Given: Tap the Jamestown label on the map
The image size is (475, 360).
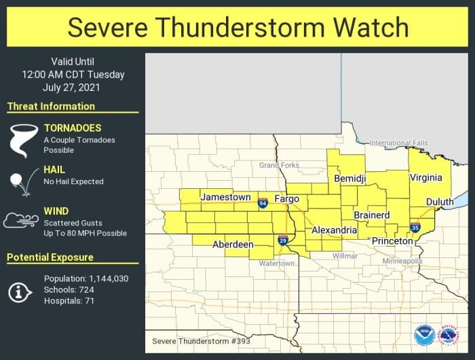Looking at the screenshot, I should click(225, 197).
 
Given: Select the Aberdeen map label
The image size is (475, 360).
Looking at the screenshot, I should click(233, 245).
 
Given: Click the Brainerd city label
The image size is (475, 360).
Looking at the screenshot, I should click(371, 215).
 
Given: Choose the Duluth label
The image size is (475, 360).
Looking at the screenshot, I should click(440, 202).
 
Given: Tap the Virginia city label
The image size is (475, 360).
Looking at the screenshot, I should click(425, 178).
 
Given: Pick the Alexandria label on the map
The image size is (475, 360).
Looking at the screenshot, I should click(334, 231).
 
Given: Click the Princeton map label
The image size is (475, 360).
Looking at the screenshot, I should click(392, 241).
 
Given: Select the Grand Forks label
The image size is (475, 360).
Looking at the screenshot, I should click(279, 165).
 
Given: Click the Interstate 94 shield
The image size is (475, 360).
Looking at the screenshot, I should click(263, 202).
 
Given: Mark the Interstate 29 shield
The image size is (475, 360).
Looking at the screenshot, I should click(283, 240).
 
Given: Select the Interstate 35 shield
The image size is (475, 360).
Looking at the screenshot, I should click(415, 227).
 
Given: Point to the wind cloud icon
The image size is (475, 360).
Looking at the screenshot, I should click(20, 221).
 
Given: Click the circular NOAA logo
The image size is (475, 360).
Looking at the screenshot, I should click(425, 336).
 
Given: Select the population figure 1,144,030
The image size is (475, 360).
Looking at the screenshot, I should click(109, 279).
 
